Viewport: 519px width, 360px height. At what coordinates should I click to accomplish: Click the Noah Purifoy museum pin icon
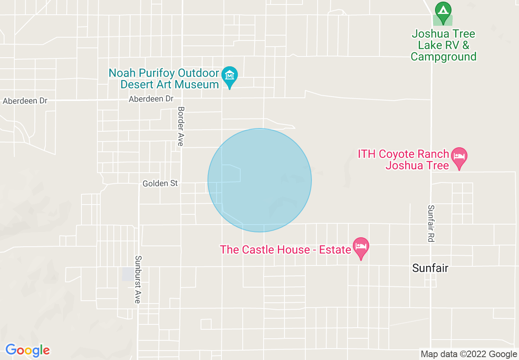(230, 76)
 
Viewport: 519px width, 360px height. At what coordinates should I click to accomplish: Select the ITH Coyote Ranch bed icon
(459, 157)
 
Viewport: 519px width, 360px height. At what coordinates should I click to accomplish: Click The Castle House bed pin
(361, 247)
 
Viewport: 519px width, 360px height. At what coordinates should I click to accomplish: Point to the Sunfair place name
(430, 268)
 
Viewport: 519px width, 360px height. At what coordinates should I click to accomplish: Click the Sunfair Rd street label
(430, 223)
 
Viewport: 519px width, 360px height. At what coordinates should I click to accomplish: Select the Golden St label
(160, 184)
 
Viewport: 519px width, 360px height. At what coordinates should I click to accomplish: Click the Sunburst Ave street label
(138, 279)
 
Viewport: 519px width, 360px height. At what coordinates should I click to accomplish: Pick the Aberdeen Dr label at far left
(25, 101)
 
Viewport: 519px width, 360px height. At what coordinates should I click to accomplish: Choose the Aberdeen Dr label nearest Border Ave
(151, 99)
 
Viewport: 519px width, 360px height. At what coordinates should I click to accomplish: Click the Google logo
(27, 350)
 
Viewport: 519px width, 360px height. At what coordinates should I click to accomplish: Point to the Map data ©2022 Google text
(469, 354)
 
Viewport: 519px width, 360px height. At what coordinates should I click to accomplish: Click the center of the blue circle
(259, 180)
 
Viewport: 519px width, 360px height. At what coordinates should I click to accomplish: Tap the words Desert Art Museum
(169, 85)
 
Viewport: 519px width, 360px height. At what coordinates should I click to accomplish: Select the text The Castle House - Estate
(286, 250)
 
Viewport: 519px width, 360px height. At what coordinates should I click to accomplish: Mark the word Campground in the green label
(444, 56)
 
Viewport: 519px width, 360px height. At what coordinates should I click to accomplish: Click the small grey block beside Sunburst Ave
(128, 274)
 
